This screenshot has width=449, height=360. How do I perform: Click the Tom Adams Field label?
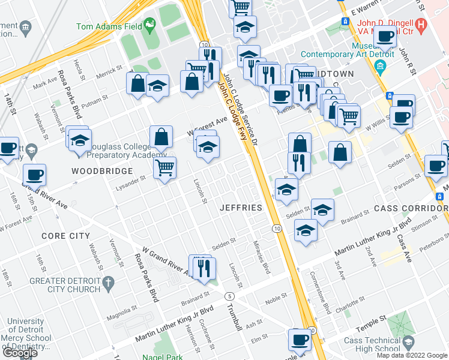click(x=108, y=26)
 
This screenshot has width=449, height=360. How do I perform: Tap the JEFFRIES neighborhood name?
click(x=240, y=208)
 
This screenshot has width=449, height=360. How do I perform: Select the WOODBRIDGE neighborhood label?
click(x=102, y=171)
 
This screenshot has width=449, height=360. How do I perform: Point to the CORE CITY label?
click(x=65, y=236)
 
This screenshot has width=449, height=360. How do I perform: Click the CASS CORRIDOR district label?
click(x=408, y=208)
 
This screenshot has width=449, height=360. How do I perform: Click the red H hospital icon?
click(x=421, y=25)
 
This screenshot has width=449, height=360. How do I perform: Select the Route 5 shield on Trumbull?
click(x=229, y=296)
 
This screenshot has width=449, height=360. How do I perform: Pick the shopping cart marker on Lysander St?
click(x=164, y=168)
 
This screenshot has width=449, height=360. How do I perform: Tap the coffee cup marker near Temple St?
click(x=299, y=340)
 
